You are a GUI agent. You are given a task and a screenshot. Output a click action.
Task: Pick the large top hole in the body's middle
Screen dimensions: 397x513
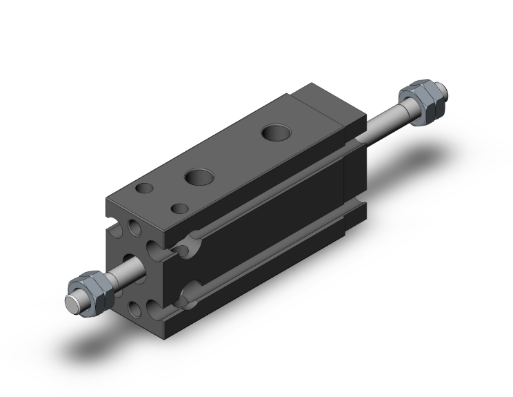(199, 177)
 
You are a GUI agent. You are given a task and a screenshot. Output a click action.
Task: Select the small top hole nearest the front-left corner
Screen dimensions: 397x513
(144, 188)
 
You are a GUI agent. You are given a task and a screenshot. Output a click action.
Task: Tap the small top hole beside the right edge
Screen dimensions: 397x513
(180, 208)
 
